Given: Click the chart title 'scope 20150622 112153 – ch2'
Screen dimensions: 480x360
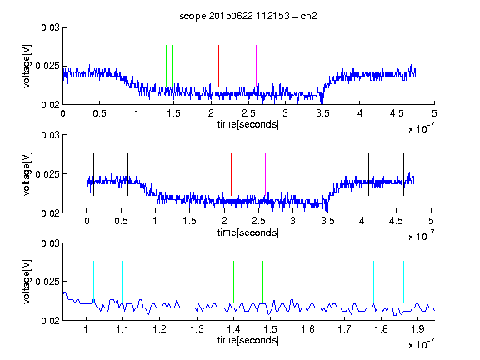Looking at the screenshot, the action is coord(247,16).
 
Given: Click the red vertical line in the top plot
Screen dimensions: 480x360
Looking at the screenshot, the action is coord(218,66).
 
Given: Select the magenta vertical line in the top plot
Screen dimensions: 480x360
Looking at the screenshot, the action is coord(256,66).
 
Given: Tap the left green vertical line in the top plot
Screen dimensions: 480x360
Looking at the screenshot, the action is coord(166,66).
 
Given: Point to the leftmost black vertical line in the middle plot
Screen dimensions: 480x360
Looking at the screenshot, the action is coord(93,174).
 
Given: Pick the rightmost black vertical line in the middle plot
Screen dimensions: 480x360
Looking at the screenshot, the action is coord(403,174).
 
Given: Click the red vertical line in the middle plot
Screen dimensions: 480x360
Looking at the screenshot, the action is coord(231,174).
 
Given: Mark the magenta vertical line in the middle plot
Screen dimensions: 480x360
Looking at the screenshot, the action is coord(265,174).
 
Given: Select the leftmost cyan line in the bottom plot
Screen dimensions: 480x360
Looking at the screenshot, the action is coord(93,282).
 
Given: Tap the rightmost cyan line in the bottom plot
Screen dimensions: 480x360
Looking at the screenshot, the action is coord(403,282).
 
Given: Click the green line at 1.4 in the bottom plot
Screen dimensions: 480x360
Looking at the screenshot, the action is coord(233,282).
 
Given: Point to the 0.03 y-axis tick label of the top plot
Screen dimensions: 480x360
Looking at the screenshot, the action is coord(50,27).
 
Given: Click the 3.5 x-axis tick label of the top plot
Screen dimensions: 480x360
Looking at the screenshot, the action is coord(322,113).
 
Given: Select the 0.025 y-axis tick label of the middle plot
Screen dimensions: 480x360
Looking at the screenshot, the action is coord(47,174).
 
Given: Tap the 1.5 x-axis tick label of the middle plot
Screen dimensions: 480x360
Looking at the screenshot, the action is coord(189,221).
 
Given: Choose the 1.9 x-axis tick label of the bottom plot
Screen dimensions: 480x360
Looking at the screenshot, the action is coord(418,329).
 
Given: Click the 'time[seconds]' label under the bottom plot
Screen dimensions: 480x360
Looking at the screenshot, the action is coord(248,340).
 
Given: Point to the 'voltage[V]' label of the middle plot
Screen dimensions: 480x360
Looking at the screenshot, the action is coord(27,174).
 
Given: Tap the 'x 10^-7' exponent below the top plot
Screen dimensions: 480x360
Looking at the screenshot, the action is coord(421,128).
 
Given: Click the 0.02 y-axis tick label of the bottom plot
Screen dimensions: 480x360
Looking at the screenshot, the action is coord(50,321).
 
